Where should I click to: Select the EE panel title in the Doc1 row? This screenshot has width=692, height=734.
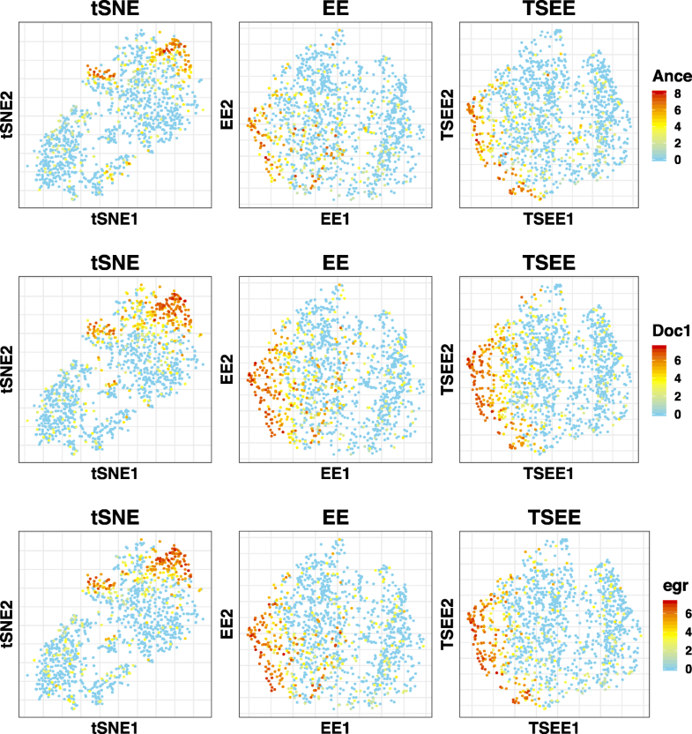pos(335,263)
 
